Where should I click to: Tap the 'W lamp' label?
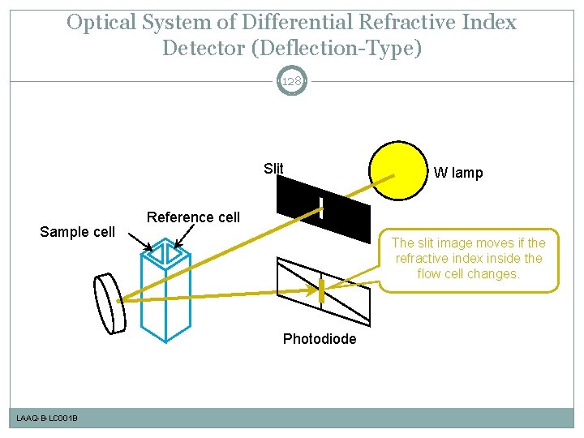click(x=457, y=172)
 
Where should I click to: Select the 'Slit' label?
click(x=273, y=169)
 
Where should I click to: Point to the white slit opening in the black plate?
click(x=320, y=208)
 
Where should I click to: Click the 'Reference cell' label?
click(x=193, y=217)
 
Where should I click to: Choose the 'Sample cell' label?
click(x=78, y=232)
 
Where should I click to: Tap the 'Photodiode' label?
click(x=319, y=339)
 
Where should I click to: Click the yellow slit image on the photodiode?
click(x=321, y=290)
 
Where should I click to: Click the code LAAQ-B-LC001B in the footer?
click(x=47, y=418)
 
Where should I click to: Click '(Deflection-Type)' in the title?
click(x=337, y=48)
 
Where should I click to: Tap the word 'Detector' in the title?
click(x=204, y=48)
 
